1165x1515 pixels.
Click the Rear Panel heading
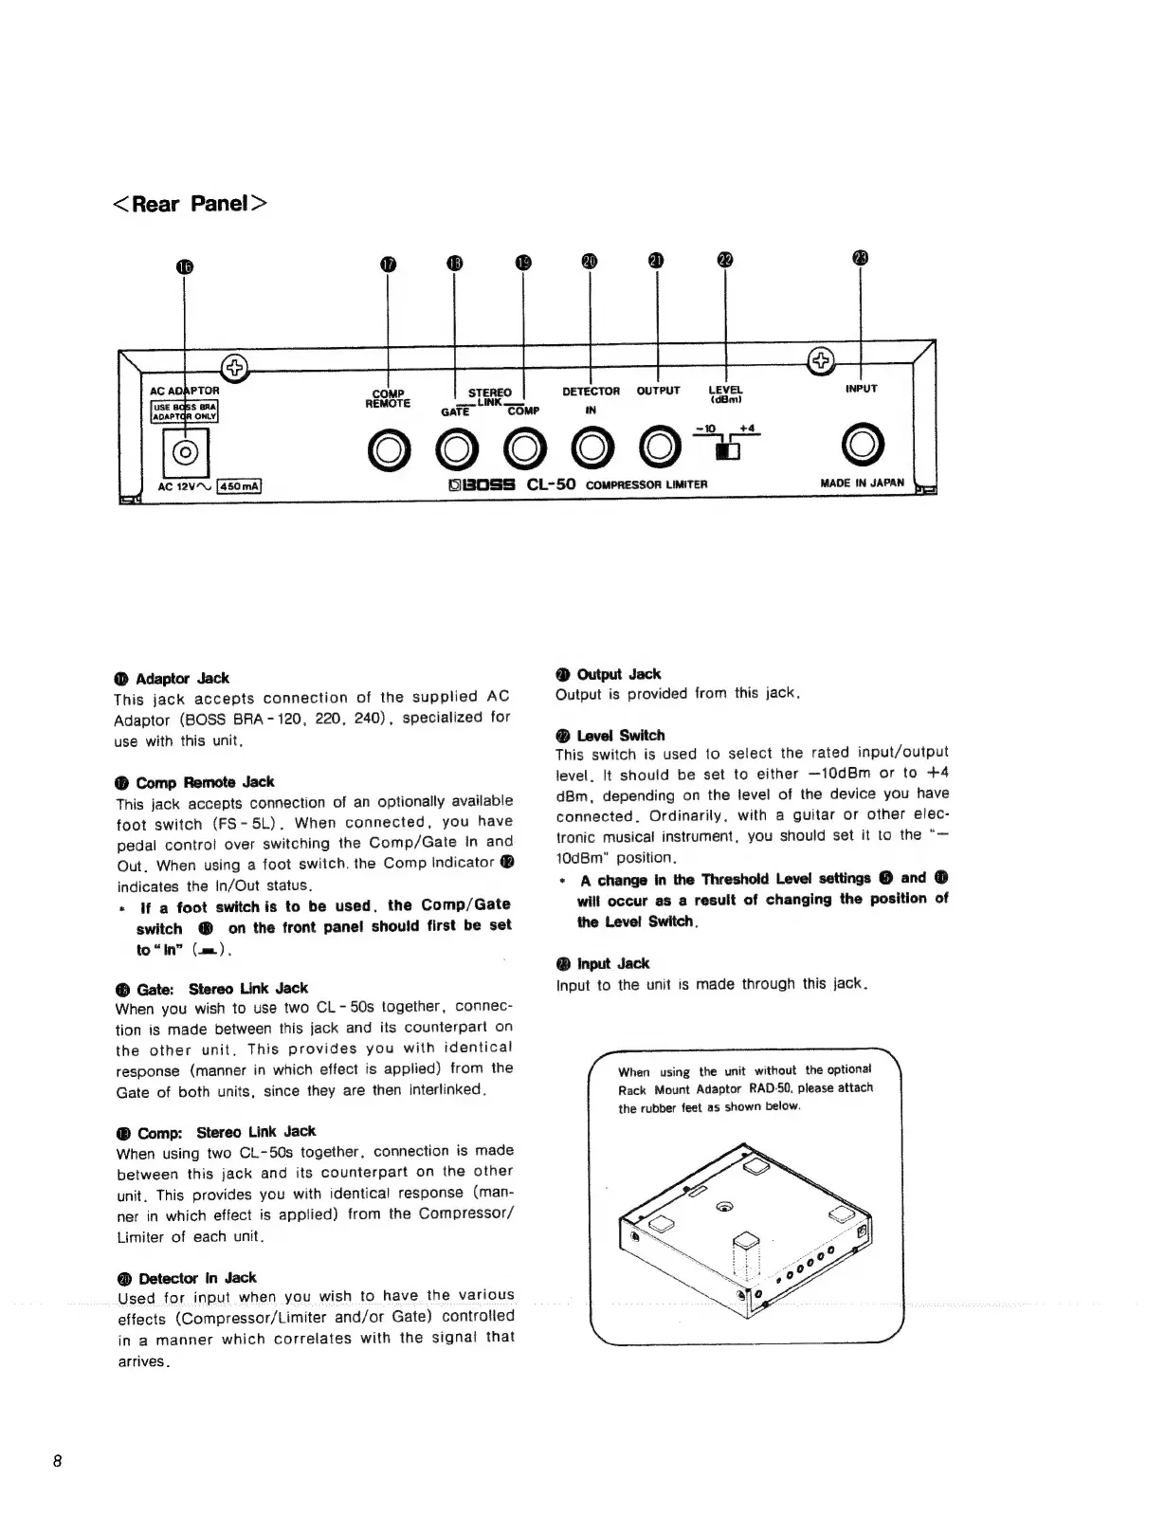coord(191,204)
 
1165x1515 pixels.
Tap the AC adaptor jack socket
coord(185,452)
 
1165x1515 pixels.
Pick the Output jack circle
coord(658,451)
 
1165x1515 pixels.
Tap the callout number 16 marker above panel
coord(185,266)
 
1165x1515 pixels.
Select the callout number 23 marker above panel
coord(861,258)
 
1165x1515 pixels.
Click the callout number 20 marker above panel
coord(590,262)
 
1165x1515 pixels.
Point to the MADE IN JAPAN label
coord(862,483)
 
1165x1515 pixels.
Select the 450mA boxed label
coord(239,487)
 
